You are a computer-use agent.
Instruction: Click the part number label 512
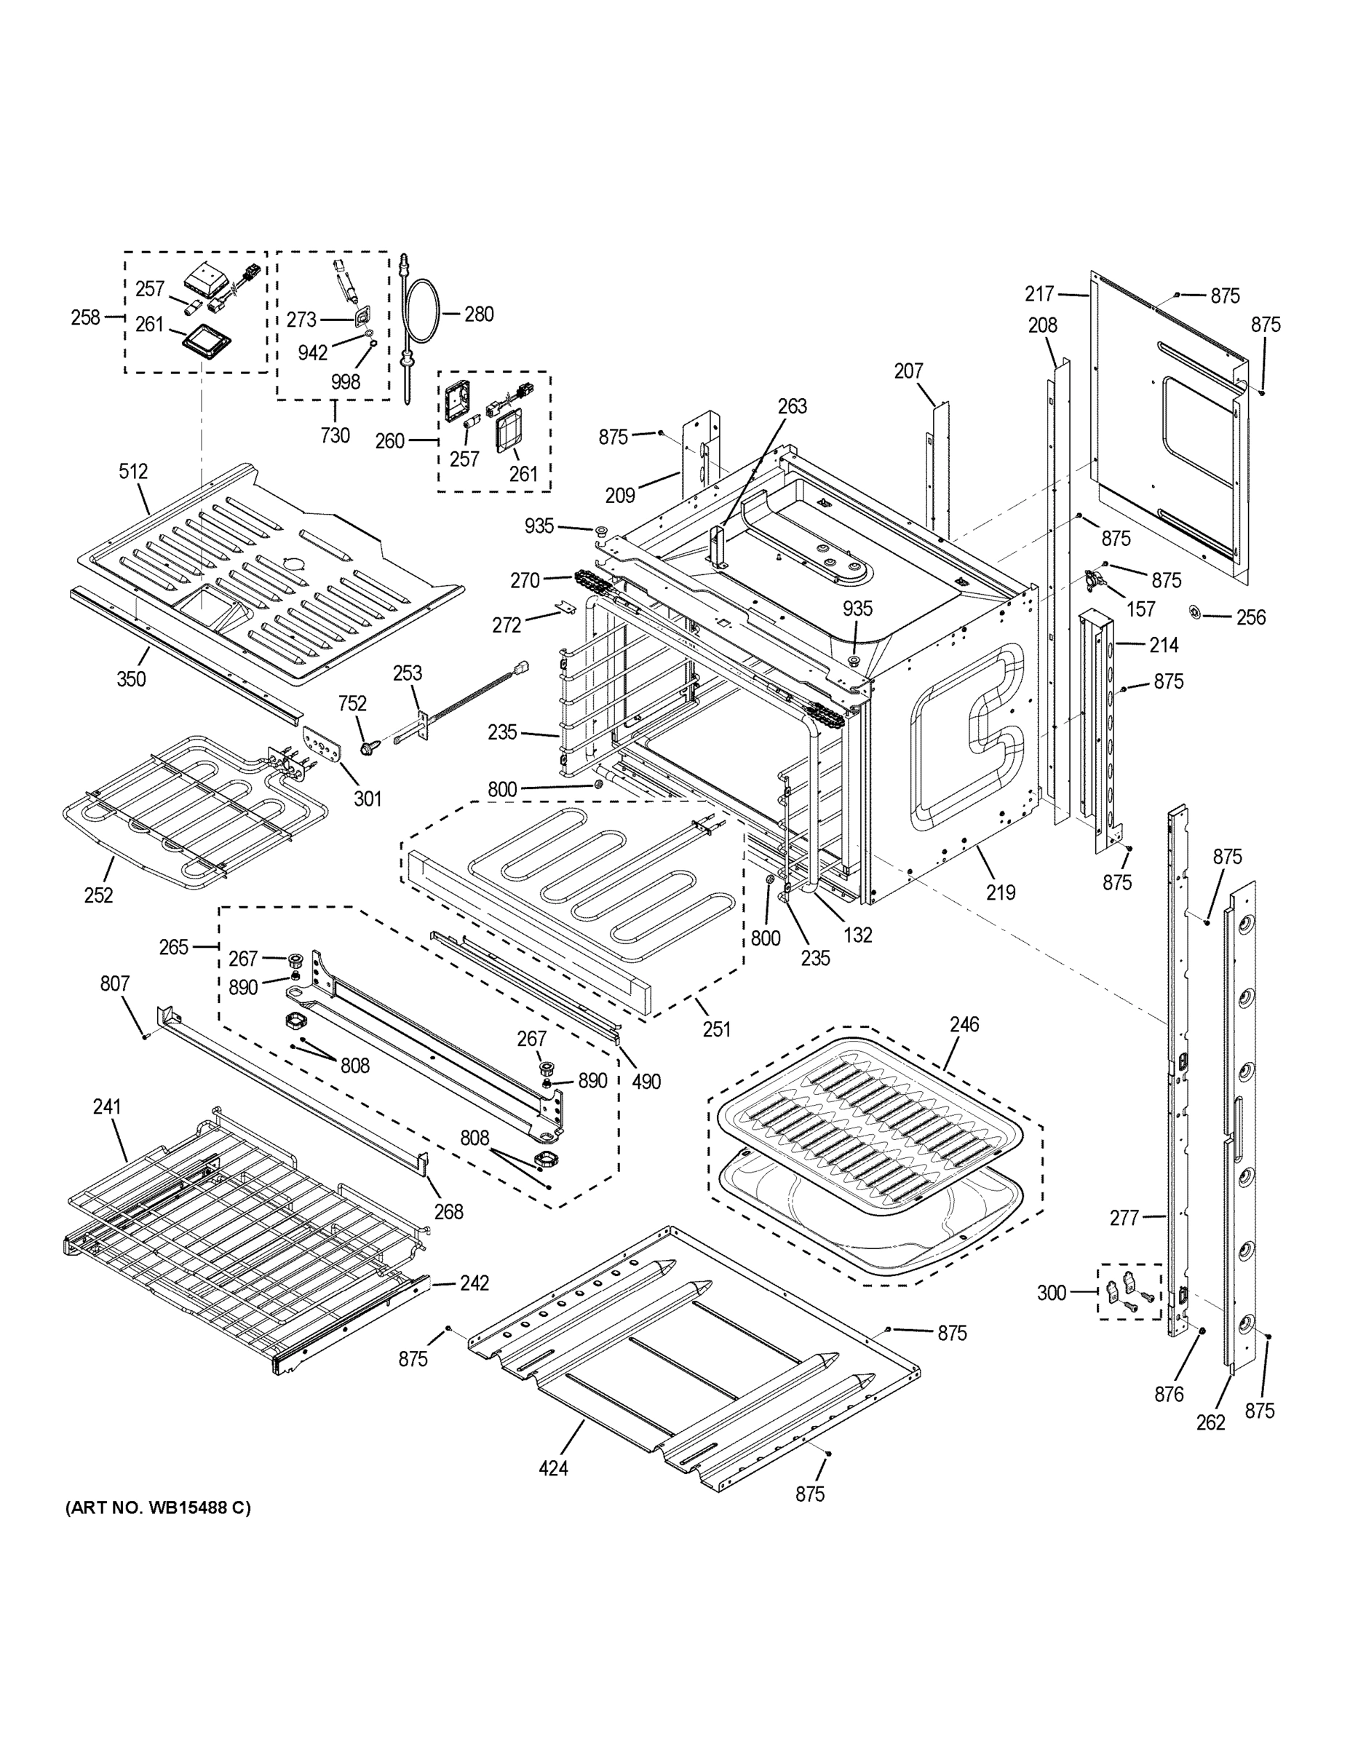pos(134,471)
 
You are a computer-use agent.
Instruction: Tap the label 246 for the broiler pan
pos(964,1024)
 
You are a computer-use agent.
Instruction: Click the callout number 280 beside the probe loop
pos(478,314)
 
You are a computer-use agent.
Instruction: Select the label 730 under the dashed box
pos(335,435)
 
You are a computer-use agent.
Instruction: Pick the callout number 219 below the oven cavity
pos(1001,892)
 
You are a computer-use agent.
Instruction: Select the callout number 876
pos(1169,1394)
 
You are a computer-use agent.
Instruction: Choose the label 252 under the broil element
pos(98,895)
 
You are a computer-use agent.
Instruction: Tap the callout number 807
pos(114,983)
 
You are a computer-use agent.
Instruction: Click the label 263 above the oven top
pos(792,406)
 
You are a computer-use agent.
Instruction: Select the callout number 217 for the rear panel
pos(1040,294)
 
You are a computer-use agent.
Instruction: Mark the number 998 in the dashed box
pos(346,381)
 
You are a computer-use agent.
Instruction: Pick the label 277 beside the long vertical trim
pos(1124,1219)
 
